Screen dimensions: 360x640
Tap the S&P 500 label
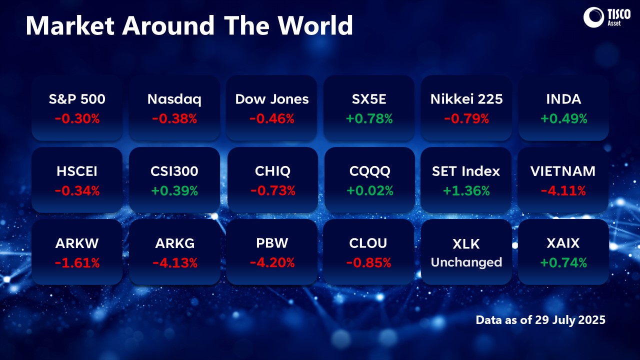pyautogui.click(x=77, y=99)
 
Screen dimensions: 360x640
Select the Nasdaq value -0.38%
pyautogui.click(x=174, y=118)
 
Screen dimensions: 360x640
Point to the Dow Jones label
pyautogui.click(x=272, y=99)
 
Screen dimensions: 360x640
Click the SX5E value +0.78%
pyautogui.click(x=369, y=118)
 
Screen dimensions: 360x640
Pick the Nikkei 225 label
pyautogui.click(x=466, y=99)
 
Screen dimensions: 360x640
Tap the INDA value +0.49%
pyautogui.click(x=563, y=118)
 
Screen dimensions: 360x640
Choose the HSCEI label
pyautogui.click(x=77, y=171)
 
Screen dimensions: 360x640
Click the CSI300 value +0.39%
pyautogui.click(x=174, y=190)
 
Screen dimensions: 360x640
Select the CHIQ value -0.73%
pyautogui.click(x=272, y=190)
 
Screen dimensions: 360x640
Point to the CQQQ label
pyautogui.click(x=369, y=171)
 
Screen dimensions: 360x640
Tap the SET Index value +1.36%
pyautogui.click(x=466, y=190)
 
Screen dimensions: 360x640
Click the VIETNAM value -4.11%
pyautogui.click(x=563, y=190)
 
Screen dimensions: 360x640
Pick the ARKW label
pyautogui.click(x=77, y=243)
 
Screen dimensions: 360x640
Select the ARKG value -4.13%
pyautogui.click(x=174, y=262)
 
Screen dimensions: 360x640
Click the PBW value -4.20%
pyautogui.click(x=272, y=262)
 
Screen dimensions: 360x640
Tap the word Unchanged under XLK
pyautogui.click(x=466, y=262)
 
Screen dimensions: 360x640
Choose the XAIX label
pyautogui.click(x=563, y=243)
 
